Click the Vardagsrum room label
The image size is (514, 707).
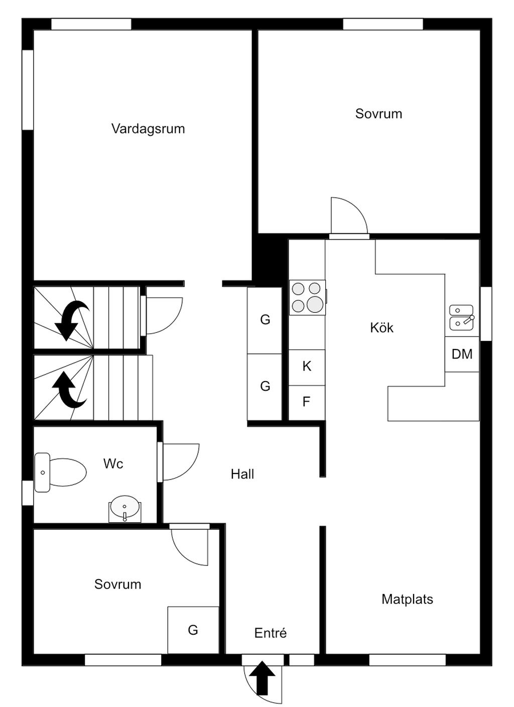(148, 129)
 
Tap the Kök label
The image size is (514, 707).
(381, 328)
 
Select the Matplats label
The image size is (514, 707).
(407, 599)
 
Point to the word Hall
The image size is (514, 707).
(242, 474)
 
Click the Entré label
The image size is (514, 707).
(270, 633)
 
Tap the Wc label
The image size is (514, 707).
(113, 463)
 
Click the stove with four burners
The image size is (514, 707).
(307, 297)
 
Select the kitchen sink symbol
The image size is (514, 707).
(461, 317)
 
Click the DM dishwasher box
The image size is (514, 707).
(462, 354)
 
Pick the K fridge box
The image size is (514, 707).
(307, 367)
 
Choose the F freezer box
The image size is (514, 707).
(306, 402)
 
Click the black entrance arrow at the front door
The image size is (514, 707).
(263, 678)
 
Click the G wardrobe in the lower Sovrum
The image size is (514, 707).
(193, 630)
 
